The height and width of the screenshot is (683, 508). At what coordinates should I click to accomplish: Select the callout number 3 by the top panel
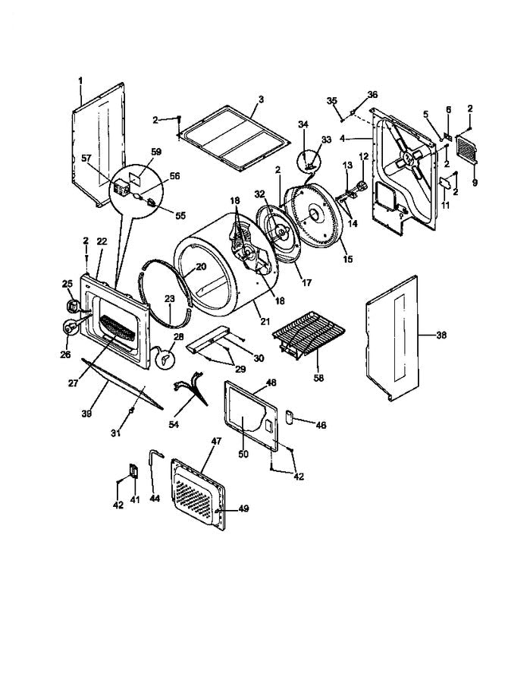(x=260, y=99)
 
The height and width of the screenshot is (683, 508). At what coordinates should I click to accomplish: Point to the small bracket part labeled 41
(x=134, y=471)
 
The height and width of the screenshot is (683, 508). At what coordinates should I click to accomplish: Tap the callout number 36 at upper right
(x=372, y=94)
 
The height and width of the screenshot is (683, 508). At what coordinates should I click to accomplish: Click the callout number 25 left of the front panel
(x=66, y=284)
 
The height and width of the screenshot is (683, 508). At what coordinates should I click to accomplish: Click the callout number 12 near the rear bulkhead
(x=363, y=156)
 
